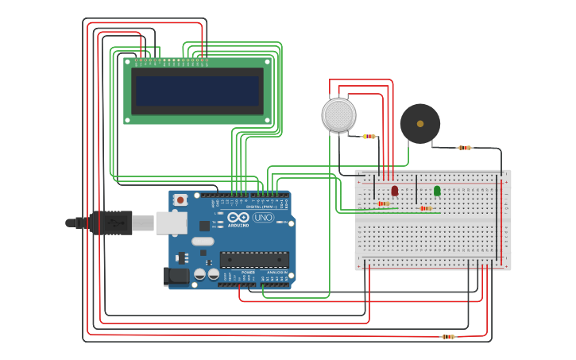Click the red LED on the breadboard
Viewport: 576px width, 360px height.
tap(395, 191)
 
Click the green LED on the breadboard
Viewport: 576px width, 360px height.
tap(437, 191)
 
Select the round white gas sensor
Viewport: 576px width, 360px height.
tap(338, 115)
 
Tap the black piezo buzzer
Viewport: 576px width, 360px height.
tap(420, 123)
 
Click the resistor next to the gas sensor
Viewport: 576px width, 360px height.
tap(369, 136)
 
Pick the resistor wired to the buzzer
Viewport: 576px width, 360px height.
tap(465, 148)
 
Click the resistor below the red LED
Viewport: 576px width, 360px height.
tap(383, 203)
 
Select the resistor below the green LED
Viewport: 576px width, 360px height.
tap(425, 208)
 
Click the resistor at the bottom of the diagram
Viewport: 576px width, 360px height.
tap(449, 337)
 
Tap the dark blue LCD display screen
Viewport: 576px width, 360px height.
tap(198, 91)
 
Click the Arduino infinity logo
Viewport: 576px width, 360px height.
tap(238, 217)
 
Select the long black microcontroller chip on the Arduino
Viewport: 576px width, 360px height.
tap(254, 259)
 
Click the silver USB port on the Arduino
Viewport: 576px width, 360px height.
tap(171, 223)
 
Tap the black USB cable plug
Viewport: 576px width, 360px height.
tap(110, 223)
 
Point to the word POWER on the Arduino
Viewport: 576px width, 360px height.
tap(248, 272)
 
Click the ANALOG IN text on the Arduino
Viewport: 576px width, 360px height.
tap(276, 272)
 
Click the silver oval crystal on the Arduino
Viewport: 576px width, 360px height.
tap(203, 241)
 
